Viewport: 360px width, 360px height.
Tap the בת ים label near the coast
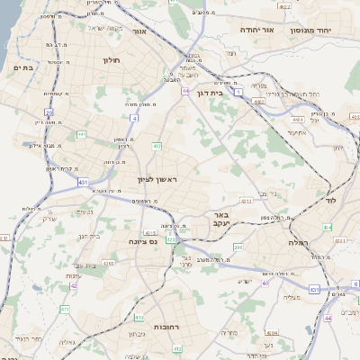pyautogui.click(x=22, y=67)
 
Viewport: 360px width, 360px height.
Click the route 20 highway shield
pyautogui.click(x=49, y=112)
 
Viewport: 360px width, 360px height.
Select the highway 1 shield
pyautogui.click(x=238, y=92)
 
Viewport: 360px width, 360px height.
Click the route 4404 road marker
pyautogui.click(x=298, y=118)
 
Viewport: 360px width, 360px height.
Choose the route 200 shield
pyautogui.click(x=238, y=246)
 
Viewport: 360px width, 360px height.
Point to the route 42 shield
pyautogui.click(x=74, y=285)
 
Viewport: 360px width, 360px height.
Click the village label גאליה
pyautogui.click(x=66, y=342)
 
